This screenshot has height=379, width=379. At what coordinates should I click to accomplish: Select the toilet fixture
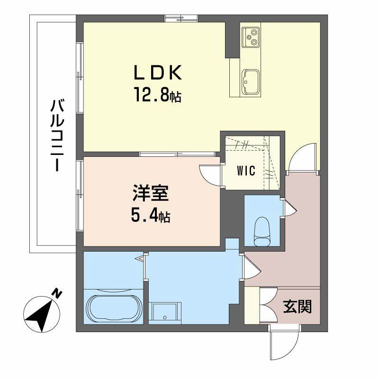pyautogui.click(x=262, y=231)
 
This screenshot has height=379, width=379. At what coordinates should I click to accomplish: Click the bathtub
pyautogui.click(x=113, y=307)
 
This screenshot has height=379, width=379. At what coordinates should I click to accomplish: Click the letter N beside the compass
pyautogui.click(x=57, y=294)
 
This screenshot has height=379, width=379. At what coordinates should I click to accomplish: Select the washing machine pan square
pyautogui.click(x=164, y=313)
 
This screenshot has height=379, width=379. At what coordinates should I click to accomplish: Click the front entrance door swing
pyautogui.click(x=283, y=346)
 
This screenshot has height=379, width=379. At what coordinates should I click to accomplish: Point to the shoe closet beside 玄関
pyautogui.click(x=252, y=306)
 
